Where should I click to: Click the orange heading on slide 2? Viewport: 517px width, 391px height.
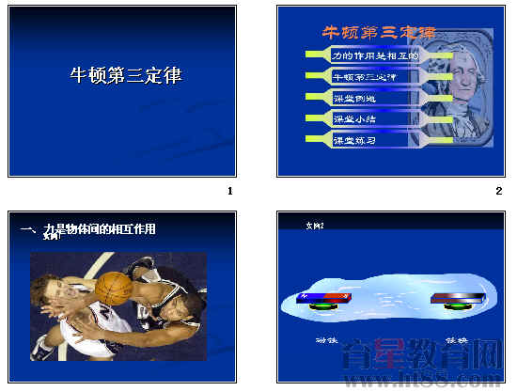378,33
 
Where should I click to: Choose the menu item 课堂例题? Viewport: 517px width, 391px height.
355,98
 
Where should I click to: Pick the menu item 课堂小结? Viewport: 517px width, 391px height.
355,118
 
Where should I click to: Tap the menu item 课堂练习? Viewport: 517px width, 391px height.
355,140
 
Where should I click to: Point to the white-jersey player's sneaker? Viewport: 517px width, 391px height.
43,349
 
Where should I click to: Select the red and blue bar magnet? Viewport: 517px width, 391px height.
324,299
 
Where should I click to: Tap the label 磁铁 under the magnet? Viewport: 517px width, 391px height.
326,339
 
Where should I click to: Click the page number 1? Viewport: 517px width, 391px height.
229,191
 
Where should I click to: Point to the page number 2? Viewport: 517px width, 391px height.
499,191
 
